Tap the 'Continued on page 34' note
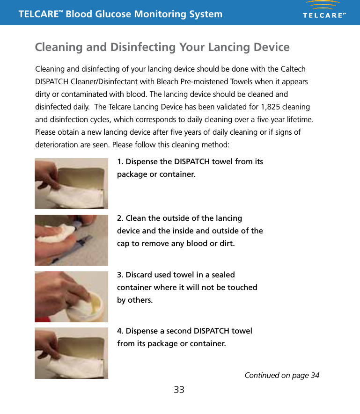point(282,375)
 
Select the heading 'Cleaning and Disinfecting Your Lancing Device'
point(162,47)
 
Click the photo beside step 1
point(71,183)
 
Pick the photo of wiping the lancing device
point(71,240)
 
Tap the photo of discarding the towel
point(71,297)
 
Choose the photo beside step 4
point(71,353)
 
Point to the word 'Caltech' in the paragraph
point(293,69)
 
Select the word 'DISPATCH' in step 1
point(192,162)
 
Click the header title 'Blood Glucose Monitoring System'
point(144,14)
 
